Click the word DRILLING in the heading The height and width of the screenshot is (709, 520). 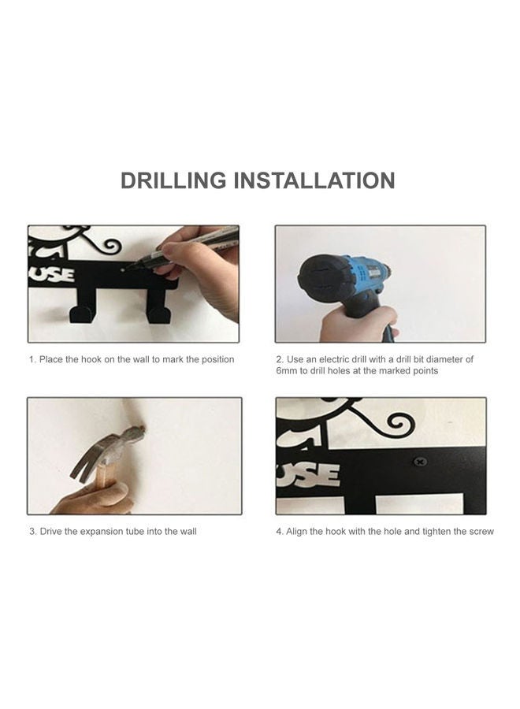pos(173,180)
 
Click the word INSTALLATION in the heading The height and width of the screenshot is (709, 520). pos(314,180)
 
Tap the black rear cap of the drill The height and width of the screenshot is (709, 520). pos(320,280)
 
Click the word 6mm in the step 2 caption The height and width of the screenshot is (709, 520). pos(287,371)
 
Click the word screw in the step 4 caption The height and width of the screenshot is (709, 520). pos(481,532)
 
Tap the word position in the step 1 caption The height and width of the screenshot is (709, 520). pos(218,360)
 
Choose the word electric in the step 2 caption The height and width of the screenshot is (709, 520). pos(334,359)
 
